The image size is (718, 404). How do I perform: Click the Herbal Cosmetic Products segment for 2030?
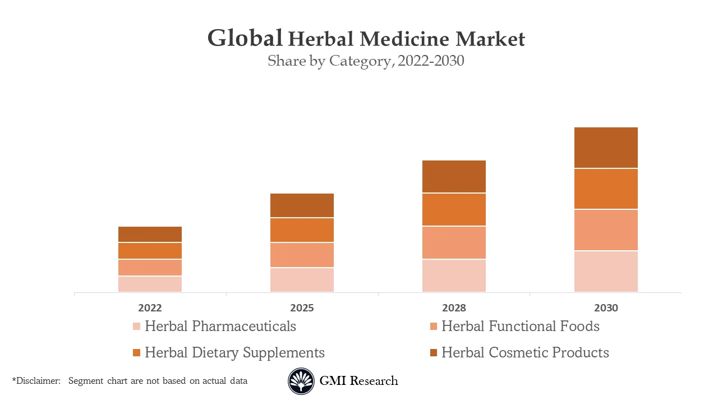606,148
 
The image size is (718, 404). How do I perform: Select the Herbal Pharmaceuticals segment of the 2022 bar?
150,284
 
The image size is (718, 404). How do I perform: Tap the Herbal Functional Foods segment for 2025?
302,255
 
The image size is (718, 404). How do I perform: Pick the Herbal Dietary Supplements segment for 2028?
454,209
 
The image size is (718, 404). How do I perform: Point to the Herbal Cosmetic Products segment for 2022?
150,234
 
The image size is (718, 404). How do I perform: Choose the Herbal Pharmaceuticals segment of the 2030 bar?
606,271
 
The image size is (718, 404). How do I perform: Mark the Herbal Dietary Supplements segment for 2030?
606,189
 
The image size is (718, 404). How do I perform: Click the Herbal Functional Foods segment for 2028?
454,242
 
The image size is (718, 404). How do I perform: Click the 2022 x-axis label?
150,308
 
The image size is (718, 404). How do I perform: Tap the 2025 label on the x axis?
302,308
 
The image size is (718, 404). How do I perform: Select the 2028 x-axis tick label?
454,308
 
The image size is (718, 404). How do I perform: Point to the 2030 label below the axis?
606,308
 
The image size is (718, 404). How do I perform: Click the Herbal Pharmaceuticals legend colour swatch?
136,327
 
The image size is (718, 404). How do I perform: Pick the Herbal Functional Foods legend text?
520,326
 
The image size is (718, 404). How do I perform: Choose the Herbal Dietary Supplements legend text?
234,352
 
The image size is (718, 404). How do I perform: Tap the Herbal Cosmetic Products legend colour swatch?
433,353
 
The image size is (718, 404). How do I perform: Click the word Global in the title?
245,38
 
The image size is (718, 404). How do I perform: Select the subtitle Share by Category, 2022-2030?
366,61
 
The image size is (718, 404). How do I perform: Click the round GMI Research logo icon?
301,382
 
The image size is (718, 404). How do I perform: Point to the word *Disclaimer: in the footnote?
36,381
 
